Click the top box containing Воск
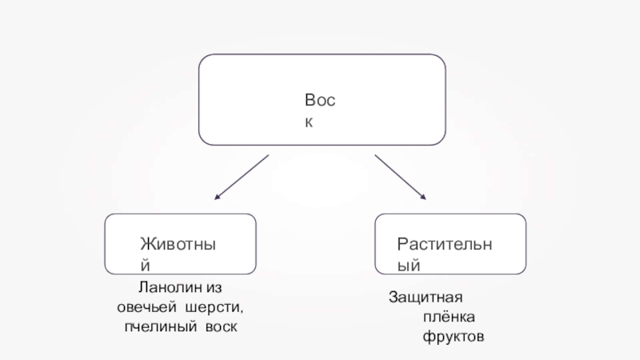pyautogui.click(x=322, y=99)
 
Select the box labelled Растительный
pyautogui.click(x=450, y=244)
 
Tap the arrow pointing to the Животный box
pyautogui.click(x=242, y=178)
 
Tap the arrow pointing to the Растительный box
pyautogui.click(x=402, y=178)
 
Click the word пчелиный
pyautogui.click(x=154, y=328)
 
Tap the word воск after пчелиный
pyautogui.click(x=220, y=328)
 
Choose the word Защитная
pyautogui.click(x=426, y=298)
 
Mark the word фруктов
pyautogui.click(x=454, y=338)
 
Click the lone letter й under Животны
pyautogui.click(x=145, y=263)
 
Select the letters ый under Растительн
pyautogui.click(x=409, y=263)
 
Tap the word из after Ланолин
pyautogui.click(x=212, y=287)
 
